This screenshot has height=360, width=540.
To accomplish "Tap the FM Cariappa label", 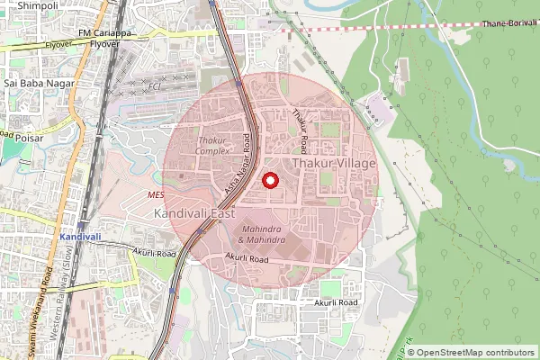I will pos(103,33).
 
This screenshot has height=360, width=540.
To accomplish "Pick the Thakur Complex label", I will pos(213,146).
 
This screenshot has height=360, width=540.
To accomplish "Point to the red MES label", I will pos(156,195).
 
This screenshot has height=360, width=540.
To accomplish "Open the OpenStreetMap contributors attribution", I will pos(476,352).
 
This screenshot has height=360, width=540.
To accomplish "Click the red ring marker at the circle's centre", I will pos(270,180).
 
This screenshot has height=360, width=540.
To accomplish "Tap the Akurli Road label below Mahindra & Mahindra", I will pos(247,258).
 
